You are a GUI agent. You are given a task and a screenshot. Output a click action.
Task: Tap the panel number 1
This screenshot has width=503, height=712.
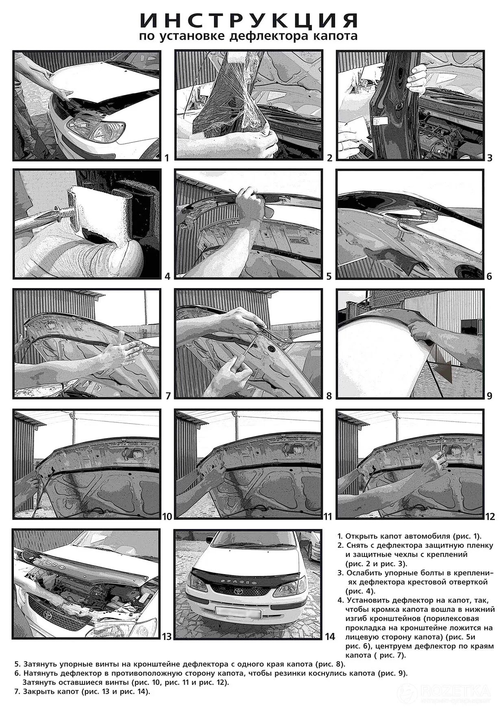(166, 157)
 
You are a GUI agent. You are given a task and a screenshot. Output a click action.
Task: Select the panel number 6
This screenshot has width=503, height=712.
(489, 277)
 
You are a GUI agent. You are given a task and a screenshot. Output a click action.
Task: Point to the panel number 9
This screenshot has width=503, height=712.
(489, 396)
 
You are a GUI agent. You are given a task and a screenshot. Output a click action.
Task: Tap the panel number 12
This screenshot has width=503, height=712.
(490, 517)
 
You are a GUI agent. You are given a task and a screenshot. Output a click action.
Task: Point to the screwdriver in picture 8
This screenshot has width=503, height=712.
(247, 346)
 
